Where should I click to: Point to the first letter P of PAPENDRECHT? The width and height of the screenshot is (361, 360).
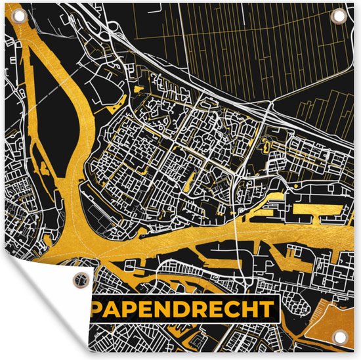(99, 309)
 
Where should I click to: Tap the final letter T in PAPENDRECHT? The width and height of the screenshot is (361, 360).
(265, 309)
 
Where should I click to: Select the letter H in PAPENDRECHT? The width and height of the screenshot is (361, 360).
(249, 309)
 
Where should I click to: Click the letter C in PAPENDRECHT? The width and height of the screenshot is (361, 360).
(233, 309)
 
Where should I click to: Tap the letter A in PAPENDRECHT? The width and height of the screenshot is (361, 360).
(116, 309)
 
